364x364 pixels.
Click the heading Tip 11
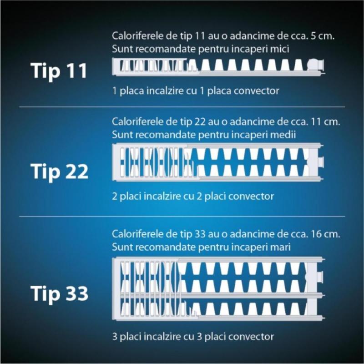[59, 71]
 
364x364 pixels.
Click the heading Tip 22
[60, 172]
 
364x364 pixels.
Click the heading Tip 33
[60, 293]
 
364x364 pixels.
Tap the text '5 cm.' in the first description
[322, 36]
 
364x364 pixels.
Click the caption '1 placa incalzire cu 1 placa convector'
[196, 91]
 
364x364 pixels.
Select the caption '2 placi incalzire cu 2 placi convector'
[193, 197]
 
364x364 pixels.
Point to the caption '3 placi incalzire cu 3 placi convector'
[193, 337]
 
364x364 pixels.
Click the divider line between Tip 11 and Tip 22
[182, 107]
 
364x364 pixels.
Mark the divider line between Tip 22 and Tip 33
[182, 216]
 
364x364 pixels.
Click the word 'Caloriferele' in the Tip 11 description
[136, 36]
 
